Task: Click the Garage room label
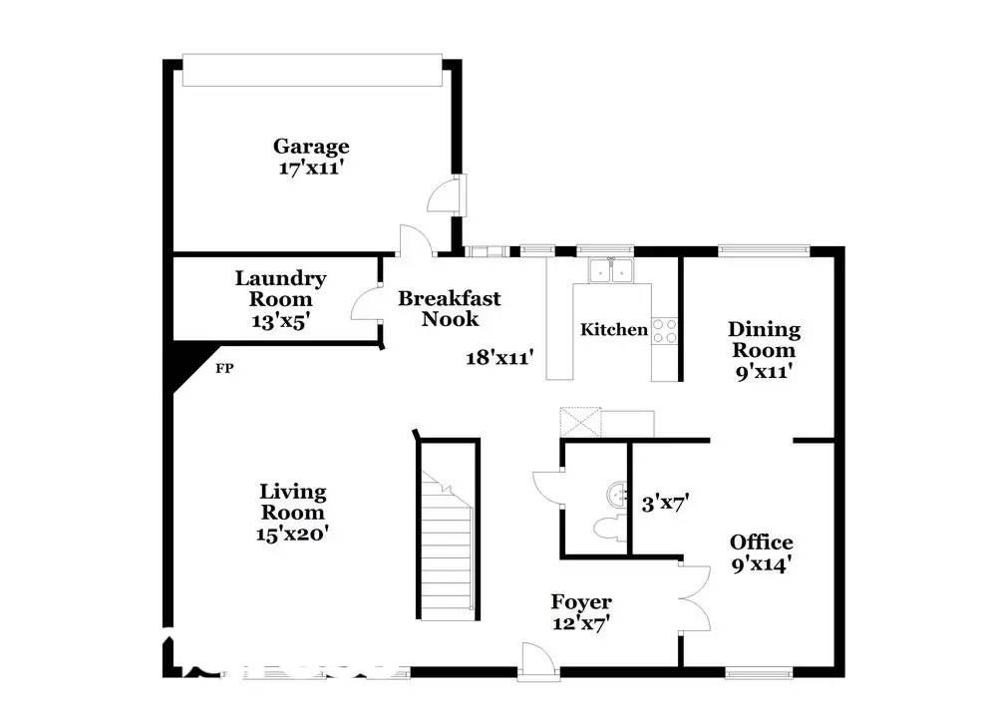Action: point(311,147)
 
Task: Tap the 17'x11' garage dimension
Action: point(311,168)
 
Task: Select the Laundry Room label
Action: point(280,289)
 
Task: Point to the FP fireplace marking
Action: point(224,368)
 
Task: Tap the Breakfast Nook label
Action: point(450,308)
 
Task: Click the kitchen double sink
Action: point(610,270)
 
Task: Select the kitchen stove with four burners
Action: point(664,331)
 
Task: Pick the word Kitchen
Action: point(613,329)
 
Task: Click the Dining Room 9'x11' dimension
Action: point(764,371)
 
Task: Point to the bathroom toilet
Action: point(609,529)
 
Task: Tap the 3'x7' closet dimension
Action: point(666,504)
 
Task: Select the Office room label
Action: point(761,543)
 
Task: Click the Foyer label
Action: point(581,601)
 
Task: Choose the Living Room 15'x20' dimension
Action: point(292,533)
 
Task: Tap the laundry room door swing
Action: point(366,304)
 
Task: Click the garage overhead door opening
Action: point(312,70)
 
